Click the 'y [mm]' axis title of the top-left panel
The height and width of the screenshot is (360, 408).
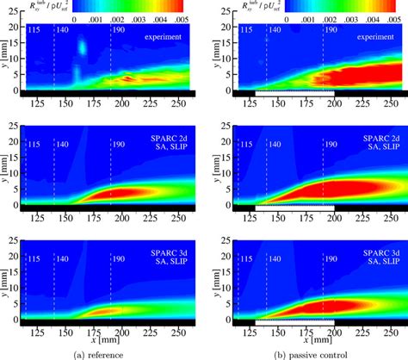pos(7,57)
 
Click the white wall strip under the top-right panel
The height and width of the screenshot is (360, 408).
pos(294,92)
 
